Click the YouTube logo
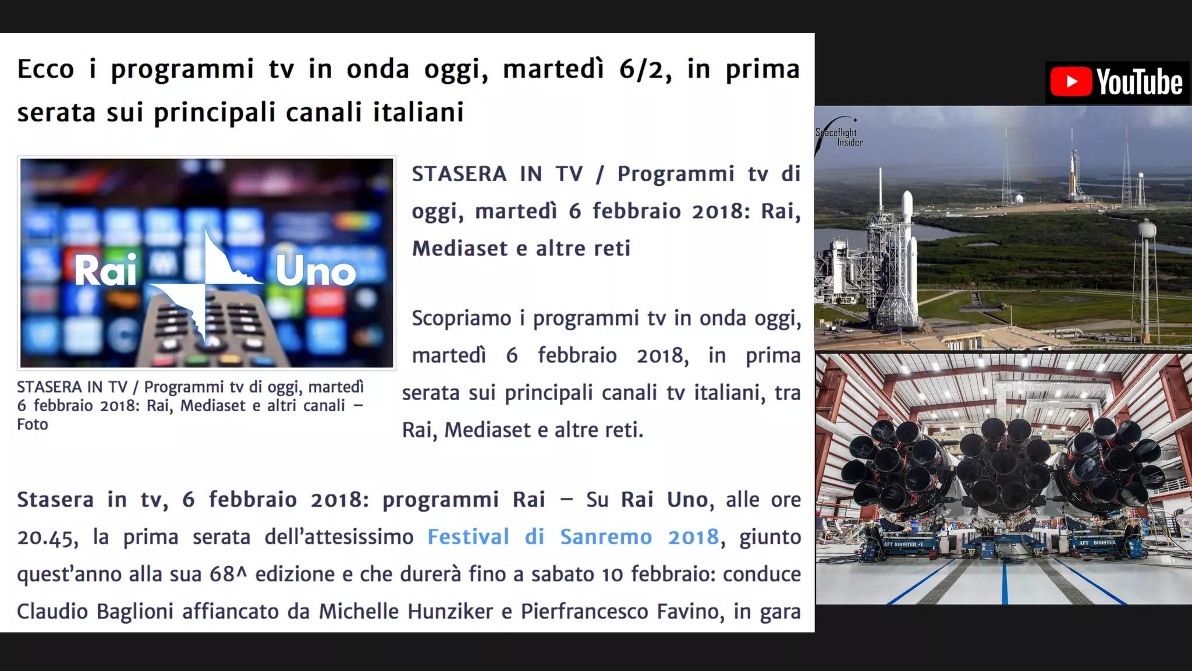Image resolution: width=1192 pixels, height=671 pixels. [1117, 82]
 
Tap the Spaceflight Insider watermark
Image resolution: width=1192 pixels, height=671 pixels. [839, 137]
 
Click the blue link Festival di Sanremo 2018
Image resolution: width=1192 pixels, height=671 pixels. [573, 536]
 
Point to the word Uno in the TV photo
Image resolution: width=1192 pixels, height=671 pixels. [315, 271]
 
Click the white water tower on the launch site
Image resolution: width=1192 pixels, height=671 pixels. [1146, 233]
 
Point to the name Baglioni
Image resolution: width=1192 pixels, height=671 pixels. [134, 612]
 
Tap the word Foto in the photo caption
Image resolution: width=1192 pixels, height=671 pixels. [33, 425]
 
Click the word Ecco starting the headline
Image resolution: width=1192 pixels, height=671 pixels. [45, 69]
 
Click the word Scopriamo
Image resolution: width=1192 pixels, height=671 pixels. [461, 319]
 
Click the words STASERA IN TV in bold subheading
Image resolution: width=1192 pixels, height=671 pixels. [497, 174]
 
